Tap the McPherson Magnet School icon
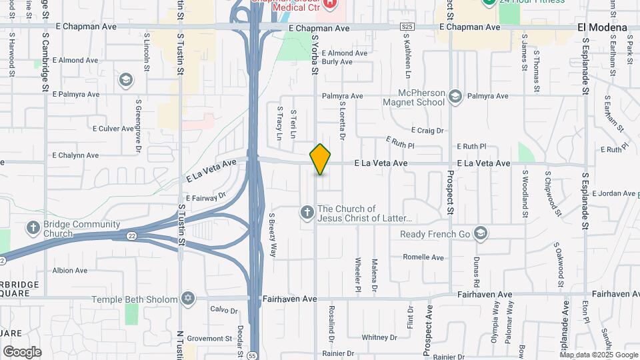tap(455, 96)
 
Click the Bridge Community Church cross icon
tap(33, 228)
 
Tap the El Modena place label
tap(602, 27)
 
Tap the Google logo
tap(22, 351)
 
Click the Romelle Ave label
tap(423, 257)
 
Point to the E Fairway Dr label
tap(206, 197)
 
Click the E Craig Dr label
tap(427, 131)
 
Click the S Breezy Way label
tap(272, 235)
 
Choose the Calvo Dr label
tap(224, 310)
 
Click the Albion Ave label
tap(70, 271)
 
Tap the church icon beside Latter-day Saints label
tap(307, 213)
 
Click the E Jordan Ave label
tap(614, 193)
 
